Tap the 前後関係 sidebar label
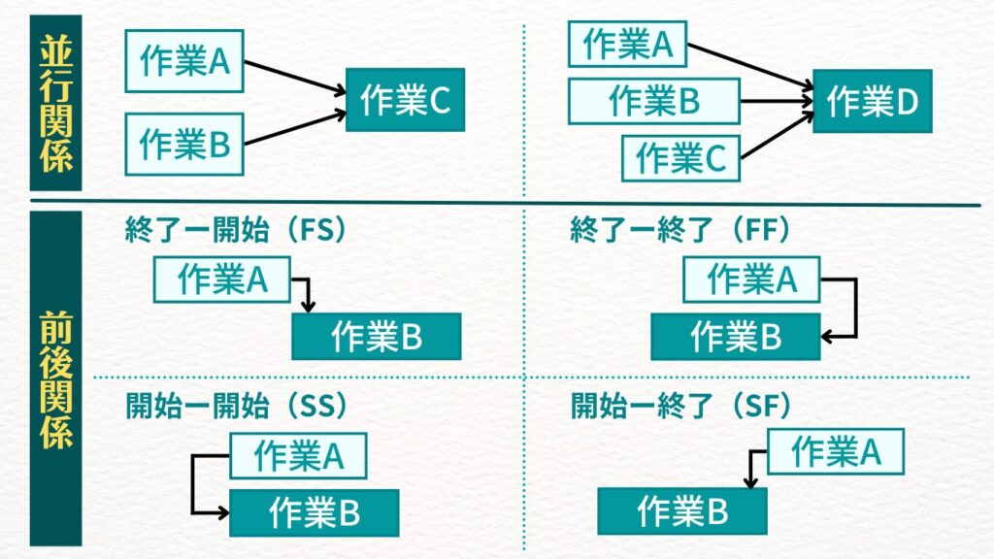(56, 378)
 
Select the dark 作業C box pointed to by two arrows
(405, 100)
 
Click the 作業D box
(872, 101)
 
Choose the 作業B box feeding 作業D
(653, 101)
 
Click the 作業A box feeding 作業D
(627, 44)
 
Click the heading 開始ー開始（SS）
(237, 405)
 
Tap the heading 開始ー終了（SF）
(681, 405)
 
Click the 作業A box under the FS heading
(222, 279)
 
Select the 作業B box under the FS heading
(376, 337)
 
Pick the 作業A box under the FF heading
(750, 279)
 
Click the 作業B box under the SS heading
(314, 513)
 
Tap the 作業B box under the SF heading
(681, 511)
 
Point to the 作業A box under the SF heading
(835, 452)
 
